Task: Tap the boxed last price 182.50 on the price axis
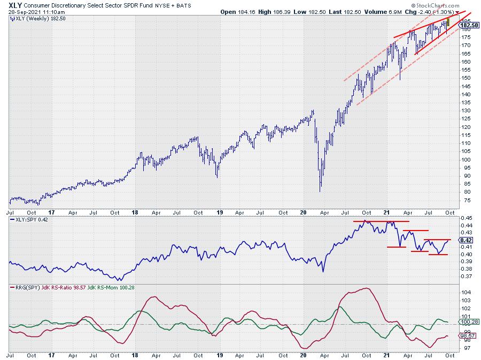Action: [468, 25]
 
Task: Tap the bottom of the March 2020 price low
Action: [320, 192]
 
